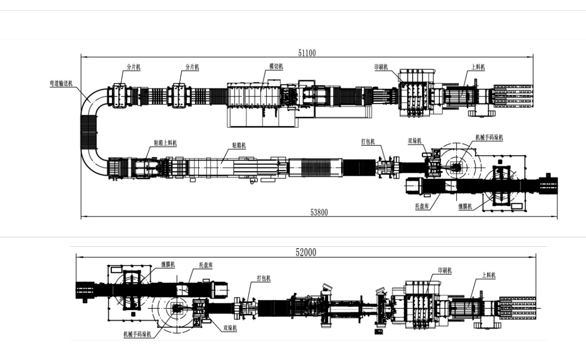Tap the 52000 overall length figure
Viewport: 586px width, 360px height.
tap(306, 252)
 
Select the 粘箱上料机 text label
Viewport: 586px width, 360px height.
tap(165, 143)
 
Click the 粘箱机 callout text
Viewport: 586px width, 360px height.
tap(239, 146)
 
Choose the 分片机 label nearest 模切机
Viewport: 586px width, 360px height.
tap(192, 67)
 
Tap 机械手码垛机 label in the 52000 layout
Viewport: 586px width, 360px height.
tap(137, 335)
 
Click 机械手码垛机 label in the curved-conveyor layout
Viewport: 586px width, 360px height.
tap(489, 138)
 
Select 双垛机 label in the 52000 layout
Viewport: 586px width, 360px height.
tap(230, 329)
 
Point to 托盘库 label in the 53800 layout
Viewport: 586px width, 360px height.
tap(421, 207)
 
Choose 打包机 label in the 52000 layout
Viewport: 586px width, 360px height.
tap(264, 278)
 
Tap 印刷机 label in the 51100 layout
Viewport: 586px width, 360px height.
tap(381, 67)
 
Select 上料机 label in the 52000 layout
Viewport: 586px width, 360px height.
tap(489, 275)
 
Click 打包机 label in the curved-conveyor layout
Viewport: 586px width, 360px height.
tap(368, 142)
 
